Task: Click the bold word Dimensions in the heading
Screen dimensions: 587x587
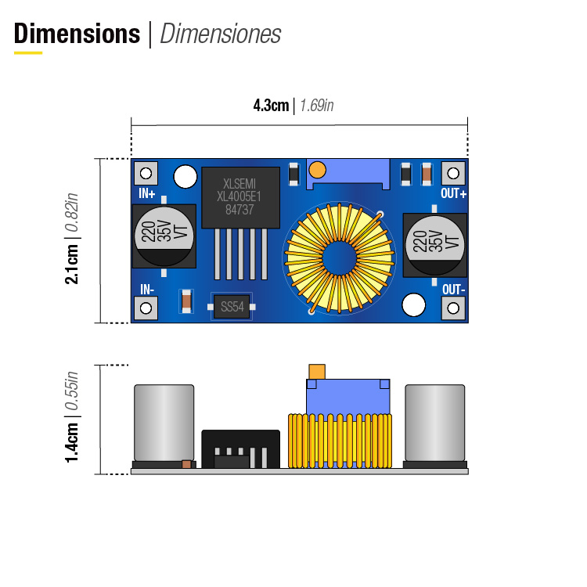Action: click(77, 34)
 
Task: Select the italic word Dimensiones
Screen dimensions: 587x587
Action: click(220, 34)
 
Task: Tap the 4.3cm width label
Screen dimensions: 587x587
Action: click(271, 106)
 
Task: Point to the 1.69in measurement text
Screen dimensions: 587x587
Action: click(316, 106)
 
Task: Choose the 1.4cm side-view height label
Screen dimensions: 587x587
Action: click(72, 441)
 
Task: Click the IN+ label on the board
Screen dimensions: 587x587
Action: click(146, 193)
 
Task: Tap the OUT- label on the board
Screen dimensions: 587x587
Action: click(454, 289)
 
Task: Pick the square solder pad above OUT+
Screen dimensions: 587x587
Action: click(452, 173)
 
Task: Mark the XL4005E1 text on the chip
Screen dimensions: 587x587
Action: click(240, 196)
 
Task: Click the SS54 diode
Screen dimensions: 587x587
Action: click(232, 308)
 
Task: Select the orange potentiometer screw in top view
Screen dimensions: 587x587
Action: click(317, 169)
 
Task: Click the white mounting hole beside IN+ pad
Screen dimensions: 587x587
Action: click(185, 177)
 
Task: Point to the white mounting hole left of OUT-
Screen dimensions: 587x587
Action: click(413, 305)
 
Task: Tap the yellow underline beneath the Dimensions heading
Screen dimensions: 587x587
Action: click(28, 52)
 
